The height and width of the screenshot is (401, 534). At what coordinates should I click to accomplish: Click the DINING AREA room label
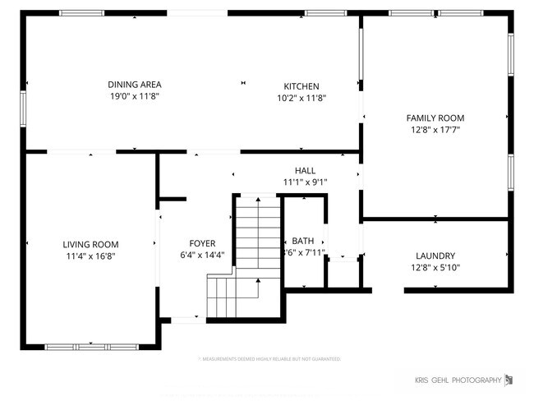pos(135,85)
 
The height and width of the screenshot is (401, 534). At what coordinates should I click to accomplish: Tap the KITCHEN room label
pos(302,86)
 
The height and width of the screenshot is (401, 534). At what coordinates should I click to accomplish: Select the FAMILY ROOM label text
pos(435,118)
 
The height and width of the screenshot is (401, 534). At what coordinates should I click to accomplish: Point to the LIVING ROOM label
pos(90,244)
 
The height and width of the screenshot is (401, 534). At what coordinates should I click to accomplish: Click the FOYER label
pos(202,243)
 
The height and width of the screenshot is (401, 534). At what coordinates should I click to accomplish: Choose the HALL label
pos(305,170)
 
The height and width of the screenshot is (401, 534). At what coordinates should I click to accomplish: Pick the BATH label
pos(302,241)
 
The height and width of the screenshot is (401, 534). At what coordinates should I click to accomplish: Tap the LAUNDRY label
pos(435,256)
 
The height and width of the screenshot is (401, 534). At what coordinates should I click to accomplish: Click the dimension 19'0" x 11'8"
pos(135,97)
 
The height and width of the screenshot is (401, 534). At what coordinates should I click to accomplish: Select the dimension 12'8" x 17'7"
pos(435,130)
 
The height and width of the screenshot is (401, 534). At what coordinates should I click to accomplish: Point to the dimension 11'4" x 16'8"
pos(90,256)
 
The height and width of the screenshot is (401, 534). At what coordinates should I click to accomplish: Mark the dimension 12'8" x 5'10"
pos(435,268)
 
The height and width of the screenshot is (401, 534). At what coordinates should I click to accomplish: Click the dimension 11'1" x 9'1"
pos(306,182)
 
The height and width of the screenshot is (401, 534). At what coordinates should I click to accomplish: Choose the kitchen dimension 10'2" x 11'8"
pos(302,98)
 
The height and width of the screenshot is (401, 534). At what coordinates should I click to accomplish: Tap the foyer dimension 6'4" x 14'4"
pos(202,255)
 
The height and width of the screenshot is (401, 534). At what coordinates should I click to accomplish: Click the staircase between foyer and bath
pos(258,238)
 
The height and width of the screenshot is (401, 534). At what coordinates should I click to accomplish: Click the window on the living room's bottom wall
pos(80,347)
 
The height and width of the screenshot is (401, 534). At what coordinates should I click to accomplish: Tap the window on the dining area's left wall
pos(24,106)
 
